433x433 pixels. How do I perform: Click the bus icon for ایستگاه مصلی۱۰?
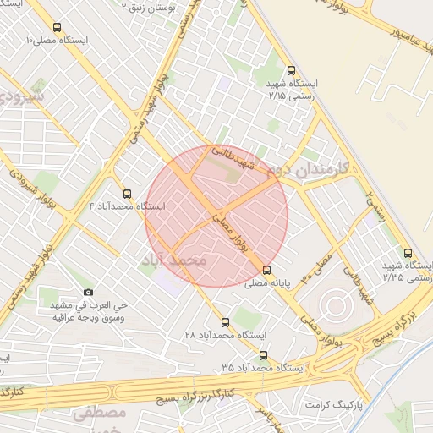(57, 28)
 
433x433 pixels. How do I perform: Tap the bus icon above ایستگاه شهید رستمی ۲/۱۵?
(292, 71)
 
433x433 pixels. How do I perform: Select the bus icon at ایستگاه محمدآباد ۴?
(128, 194)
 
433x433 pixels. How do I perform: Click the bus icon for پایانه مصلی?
(267, 271)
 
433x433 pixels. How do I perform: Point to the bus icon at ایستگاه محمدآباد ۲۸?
(225, 322)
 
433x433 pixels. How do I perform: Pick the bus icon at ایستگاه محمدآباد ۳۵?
(264, 356)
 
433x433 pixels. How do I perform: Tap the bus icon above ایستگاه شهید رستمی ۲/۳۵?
(408, 252)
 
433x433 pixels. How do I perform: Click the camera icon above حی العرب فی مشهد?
(89, 292)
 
